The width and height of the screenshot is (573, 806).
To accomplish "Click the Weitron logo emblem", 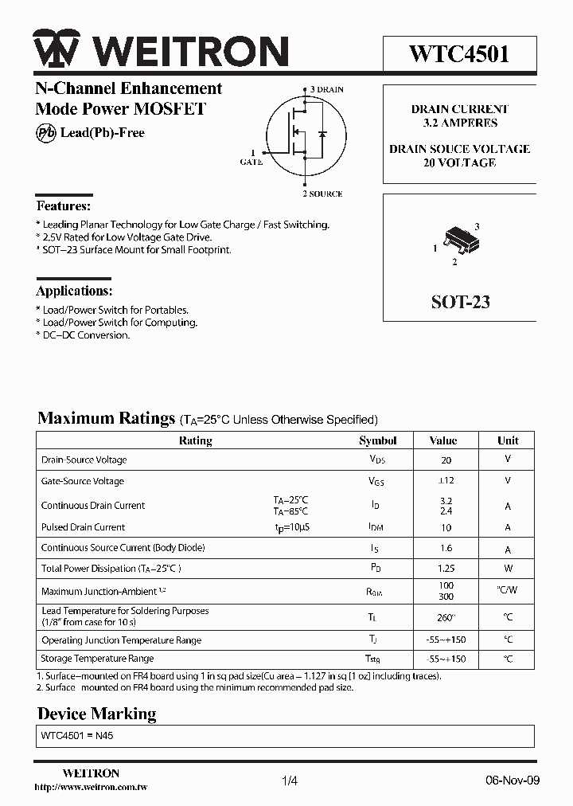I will click(56, 50).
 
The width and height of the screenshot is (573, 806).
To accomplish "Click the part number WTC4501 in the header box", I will click(459, 53).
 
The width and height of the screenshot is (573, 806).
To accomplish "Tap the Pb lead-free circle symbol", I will click(46, 133).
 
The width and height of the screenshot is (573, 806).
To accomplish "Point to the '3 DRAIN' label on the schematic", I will click(326, 89).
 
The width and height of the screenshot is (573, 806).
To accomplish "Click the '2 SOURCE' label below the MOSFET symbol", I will click(322, 194).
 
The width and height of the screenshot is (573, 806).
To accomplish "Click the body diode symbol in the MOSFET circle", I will click(322, 133).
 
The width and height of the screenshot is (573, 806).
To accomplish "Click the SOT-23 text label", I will click(460, 302).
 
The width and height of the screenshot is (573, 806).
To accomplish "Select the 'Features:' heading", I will click(63, 205).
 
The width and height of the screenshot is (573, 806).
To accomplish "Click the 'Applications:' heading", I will click(74, 291).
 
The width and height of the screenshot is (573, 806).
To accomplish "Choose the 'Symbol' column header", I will click(378, 440).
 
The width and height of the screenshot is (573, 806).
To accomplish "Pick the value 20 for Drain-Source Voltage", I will click(446, 460).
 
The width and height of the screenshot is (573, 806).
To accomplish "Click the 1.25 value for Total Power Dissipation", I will click(446, 569).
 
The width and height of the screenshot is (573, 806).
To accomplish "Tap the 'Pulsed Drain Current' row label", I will click(83, 527).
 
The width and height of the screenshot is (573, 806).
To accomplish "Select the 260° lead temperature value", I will click(446, 617).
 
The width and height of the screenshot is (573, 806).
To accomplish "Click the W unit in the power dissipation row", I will click(508, 569).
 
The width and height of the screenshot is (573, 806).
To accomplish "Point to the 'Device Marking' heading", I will click(97, 714).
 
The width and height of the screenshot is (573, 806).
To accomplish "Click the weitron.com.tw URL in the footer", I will click(92, 788).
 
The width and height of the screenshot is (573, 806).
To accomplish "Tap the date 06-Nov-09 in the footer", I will click(513, 781).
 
